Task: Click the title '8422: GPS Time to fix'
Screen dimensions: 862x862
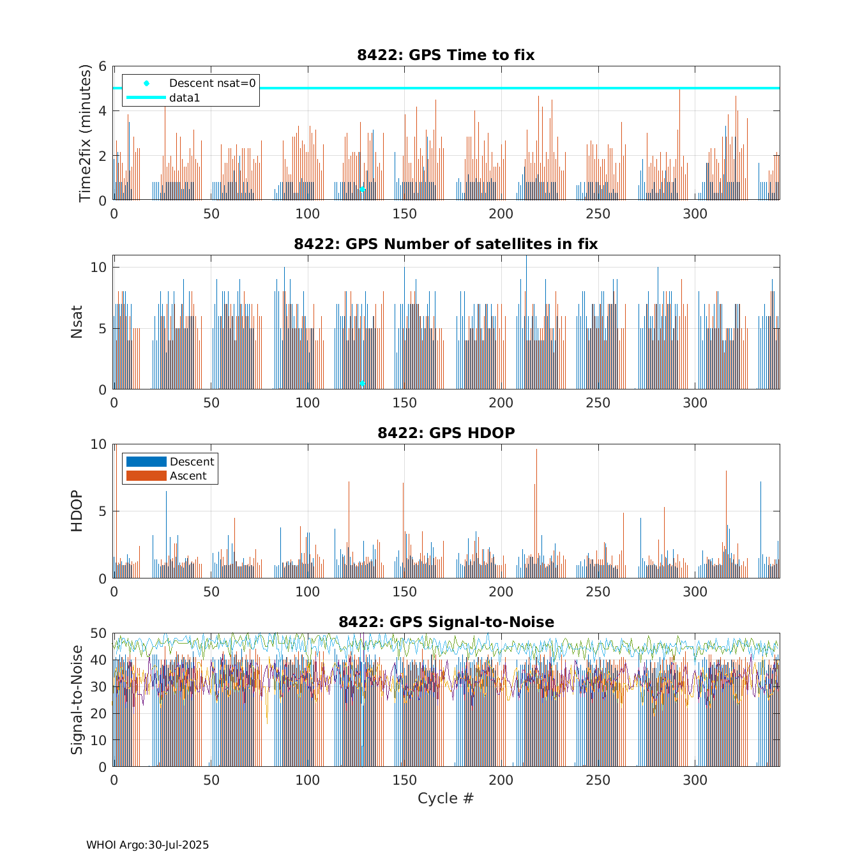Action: coord(446,55)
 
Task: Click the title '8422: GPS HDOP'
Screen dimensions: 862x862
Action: coord(446,433)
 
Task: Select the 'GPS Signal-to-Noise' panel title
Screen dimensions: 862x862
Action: coord(446,622)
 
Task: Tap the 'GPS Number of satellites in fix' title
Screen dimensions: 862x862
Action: coord(446,244)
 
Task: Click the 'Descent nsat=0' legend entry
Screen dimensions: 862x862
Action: coord(211,83)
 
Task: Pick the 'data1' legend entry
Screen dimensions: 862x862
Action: coord(185,98)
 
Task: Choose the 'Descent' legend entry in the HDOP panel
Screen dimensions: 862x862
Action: coord(192,462)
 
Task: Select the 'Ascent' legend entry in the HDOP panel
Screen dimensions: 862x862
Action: coord(188,476)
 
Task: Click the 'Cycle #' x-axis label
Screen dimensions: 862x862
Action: coord(446,798)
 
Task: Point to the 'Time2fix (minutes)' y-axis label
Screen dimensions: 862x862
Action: coord(85,133)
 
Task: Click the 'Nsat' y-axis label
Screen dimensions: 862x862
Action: coord(77,322)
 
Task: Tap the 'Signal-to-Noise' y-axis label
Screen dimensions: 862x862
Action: coord(77,700)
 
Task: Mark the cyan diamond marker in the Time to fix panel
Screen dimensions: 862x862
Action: coord(362,190)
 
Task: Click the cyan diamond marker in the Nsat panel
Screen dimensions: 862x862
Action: coord(362,383)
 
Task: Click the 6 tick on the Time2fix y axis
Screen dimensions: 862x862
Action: coord(102,66)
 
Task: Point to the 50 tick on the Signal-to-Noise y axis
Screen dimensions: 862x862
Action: coord(98,633)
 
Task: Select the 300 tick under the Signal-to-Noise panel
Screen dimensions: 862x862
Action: coord(695,780)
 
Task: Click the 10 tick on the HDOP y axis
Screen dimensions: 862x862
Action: coord(98,444)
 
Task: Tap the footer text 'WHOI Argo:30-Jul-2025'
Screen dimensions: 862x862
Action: coord(147,845)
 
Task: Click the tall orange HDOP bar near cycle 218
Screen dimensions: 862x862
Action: coord(536,511)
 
